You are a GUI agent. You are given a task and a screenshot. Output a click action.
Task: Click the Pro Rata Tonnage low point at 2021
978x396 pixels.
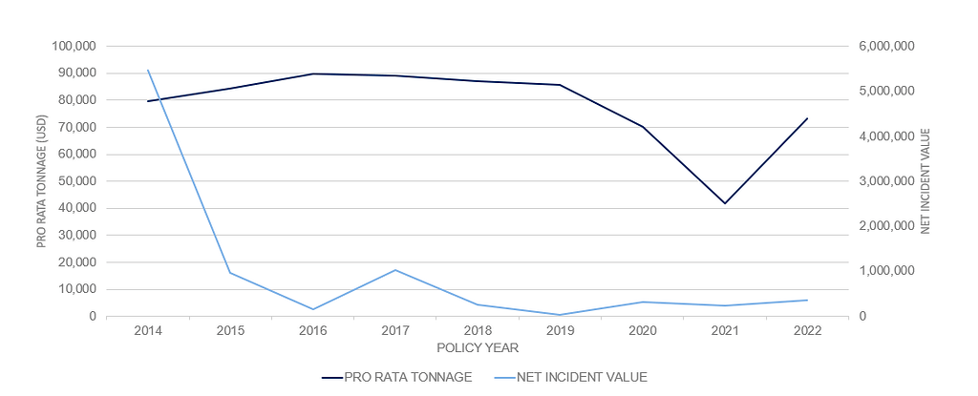pos(725,203)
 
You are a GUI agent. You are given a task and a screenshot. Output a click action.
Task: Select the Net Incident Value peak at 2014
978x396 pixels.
pos(148,70)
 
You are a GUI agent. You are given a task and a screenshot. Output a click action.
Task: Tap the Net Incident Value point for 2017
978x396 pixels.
pos(395,270)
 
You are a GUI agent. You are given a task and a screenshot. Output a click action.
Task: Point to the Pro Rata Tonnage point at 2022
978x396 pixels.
pos(807,118)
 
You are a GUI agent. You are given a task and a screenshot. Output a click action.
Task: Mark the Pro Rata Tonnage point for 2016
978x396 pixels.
pos(313,73)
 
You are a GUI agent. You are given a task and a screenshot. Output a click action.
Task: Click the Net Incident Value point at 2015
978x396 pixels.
pos(230,273)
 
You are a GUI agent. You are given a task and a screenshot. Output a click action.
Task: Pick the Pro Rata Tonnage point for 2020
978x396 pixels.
pos(643,127)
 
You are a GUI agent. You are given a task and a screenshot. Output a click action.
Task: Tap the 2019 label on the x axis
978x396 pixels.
pos(560,331)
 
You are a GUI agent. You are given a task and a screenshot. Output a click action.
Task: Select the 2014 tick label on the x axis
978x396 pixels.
pos(148,331)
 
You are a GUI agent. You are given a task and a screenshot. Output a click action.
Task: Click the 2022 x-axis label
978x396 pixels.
pos(807,331)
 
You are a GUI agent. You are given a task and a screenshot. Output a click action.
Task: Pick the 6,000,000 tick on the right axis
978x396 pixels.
pos(888,46)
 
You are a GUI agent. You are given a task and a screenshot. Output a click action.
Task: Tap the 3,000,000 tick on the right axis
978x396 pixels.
pos(888,181)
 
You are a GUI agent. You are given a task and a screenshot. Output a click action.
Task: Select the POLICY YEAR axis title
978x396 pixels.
pos(478,347)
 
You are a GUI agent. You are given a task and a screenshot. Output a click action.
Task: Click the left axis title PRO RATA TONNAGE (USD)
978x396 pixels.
pos(42,181)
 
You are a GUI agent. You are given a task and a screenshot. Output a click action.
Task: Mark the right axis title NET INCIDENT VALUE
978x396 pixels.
pos(925,181)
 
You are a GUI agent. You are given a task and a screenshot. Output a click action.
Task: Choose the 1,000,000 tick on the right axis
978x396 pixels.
pos(888,271)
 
